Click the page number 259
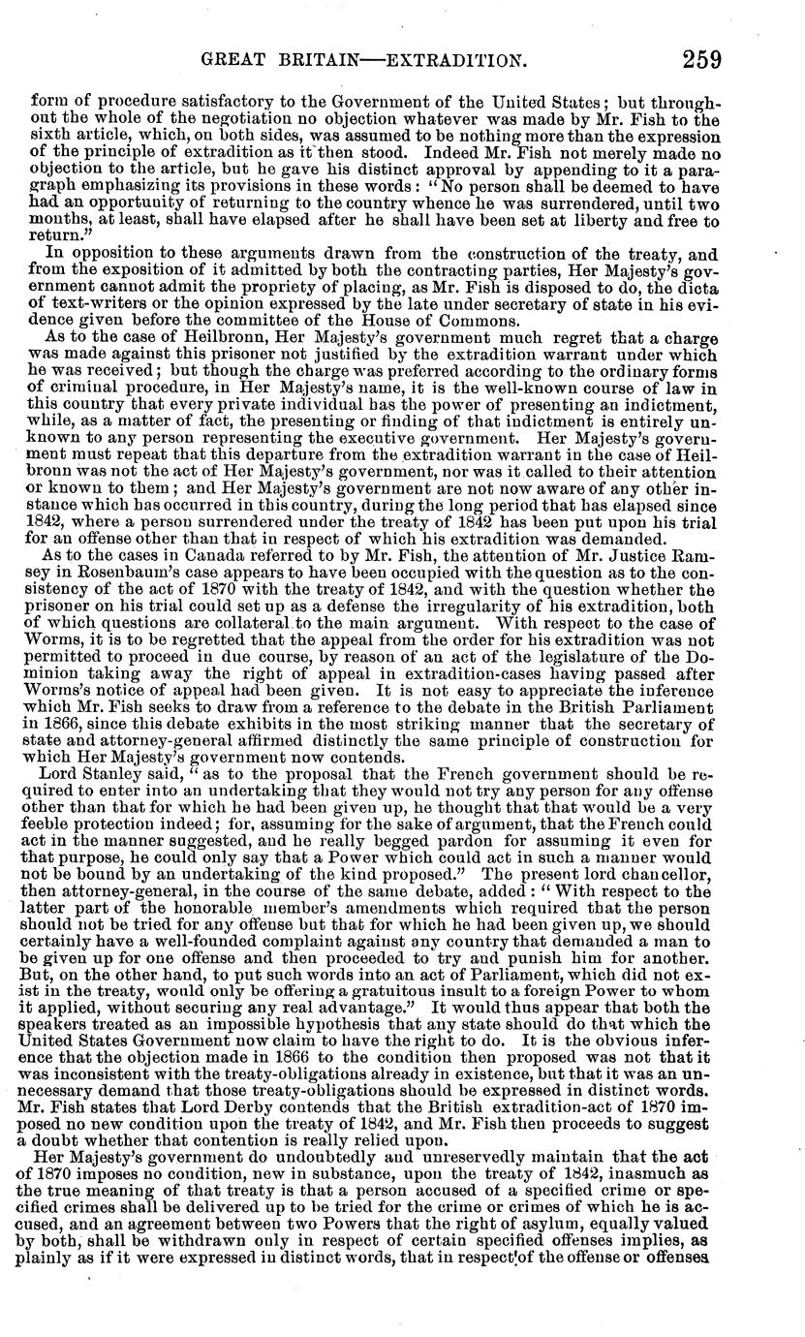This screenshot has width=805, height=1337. (700, 60)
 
